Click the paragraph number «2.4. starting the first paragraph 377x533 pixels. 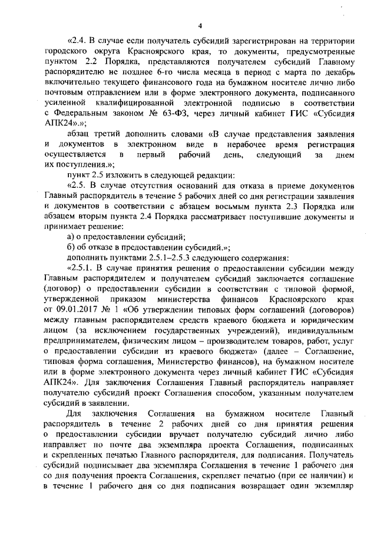coord(78,41)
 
